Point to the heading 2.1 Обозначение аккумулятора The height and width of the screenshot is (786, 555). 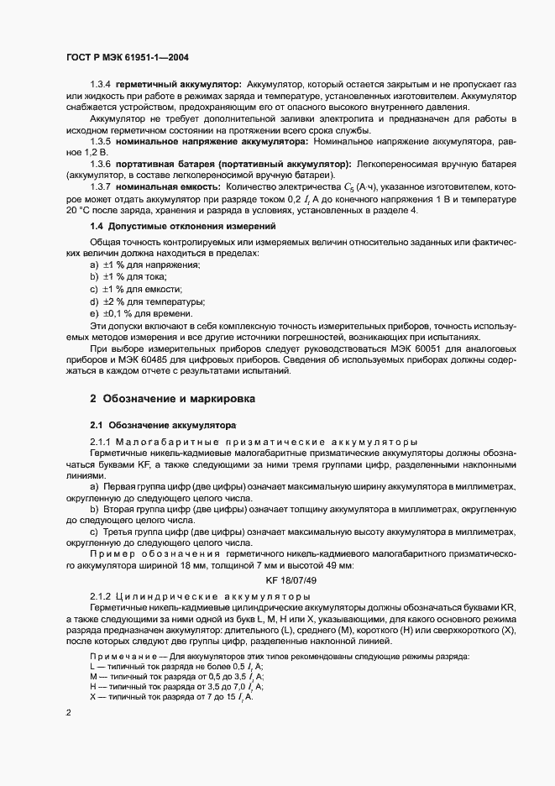(x=163, y=425)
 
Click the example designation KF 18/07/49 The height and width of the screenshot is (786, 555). (x=291, y=579)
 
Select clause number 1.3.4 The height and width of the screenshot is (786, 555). (x=100, y=85)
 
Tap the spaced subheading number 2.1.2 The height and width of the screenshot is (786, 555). (x=100, y=595)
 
